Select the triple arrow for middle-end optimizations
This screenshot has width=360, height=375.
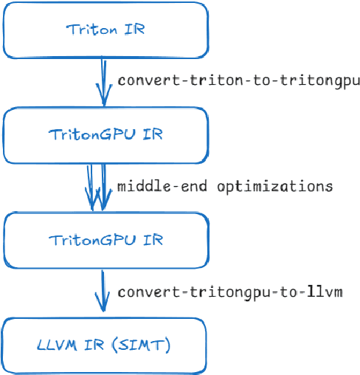click(96, 187)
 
